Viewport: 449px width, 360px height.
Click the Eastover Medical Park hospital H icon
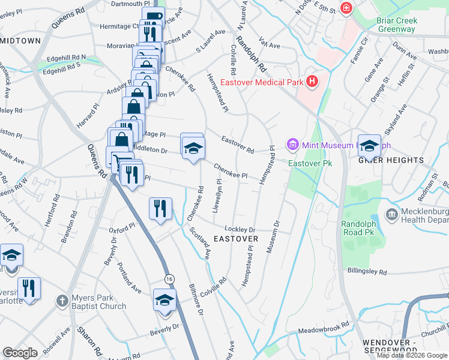312,82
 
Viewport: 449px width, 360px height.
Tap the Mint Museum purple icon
293,144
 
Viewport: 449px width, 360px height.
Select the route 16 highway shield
170,278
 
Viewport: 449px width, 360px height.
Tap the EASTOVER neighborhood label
236,239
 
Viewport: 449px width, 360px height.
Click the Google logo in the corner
20,352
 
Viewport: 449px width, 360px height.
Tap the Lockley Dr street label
240,229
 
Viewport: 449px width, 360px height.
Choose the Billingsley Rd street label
367,271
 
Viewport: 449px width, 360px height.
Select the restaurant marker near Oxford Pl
160,208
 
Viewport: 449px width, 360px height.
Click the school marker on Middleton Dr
193,149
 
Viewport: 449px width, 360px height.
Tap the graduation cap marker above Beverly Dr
163,300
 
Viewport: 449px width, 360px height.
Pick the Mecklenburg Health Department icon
391,214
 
